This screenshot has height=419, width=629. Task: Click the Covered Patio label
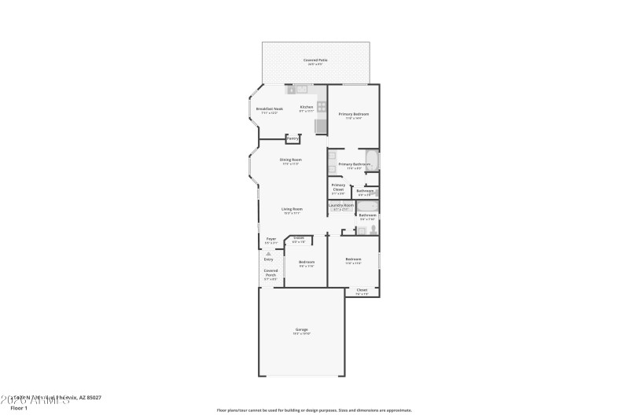pos(316,61)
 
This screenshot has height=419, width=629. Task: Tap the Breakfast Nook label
pos(270,109)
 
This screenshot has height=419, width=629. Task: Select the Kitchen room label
pos(307,108)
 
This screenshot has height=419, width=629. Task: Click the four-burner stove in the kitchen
pos(321,107)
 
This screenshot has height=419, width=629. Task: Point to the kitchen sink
pos(301,90)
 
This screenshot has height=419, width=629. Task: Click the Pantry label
pos(292,139)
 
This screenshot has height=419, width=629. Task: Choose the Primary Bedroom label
pos(354,115)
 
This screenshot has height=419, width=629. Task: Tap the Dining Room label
pos(291,160)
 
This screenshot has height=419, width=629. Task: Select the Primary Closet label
pos(338,186)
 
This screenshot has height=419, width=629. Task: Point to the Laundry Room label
pos(340,205)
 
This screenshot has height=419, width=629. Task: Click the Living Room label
pos(292,210)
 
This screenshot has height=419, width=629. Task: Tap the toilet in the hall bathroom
pos(372,229)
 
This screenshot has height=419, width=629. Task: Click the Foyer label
pos(270,240)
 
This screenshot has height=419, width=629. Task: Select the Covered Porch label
pos(270,272)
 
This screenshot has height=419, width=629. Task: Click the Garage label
pos(301,330)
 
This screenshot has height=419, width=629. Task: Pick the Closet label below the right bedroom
pos(362,291)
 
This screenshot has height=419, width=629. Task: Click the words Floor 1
pos(18,408)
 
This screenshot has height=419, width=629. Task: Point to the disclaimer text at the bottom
pos(314,410)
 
